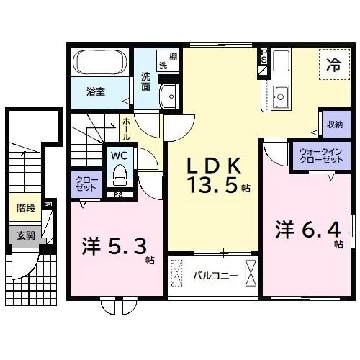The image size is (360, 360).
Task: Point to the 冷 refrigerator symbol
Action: coord(334,63)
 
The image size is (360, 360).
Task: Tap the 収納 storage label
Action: coord(333,124)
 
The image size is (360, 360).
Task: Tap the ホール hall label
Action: coord(126,130)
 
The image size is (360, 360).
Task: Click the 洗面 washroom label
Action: coord(147,81)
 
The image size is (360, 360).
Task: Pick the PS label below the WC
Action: coord(117,193)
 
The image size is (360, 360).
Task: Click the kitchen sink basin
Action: coord(280,94)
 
